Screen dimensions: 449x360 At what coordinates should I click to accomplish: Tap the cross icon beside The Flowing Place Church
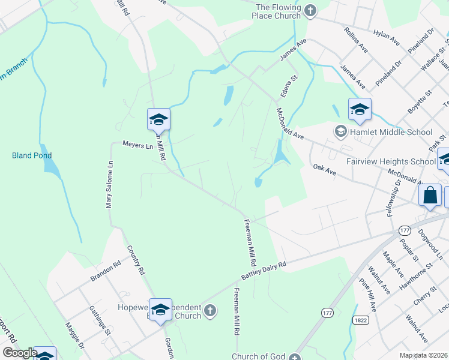[310, 10]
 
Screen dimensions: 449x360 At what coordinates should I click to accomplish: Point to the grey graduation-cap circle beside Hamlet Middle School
[341, 131]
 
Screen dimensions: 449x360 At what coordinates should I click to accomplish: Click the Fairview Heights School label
[391, 162]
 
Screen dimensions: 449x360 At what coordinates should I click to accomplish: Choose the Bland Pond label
[28, 155]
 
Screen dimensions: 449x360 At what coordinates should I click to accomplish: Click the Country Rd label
[136, 260]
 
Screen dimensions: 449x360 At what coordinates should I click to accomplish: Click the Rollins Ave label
[355, 37]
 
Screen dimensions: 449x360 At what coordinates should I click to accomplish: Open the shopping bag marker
[431, 195]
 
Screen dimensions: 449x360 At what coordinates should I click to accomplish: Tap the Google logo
[19, 353]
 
